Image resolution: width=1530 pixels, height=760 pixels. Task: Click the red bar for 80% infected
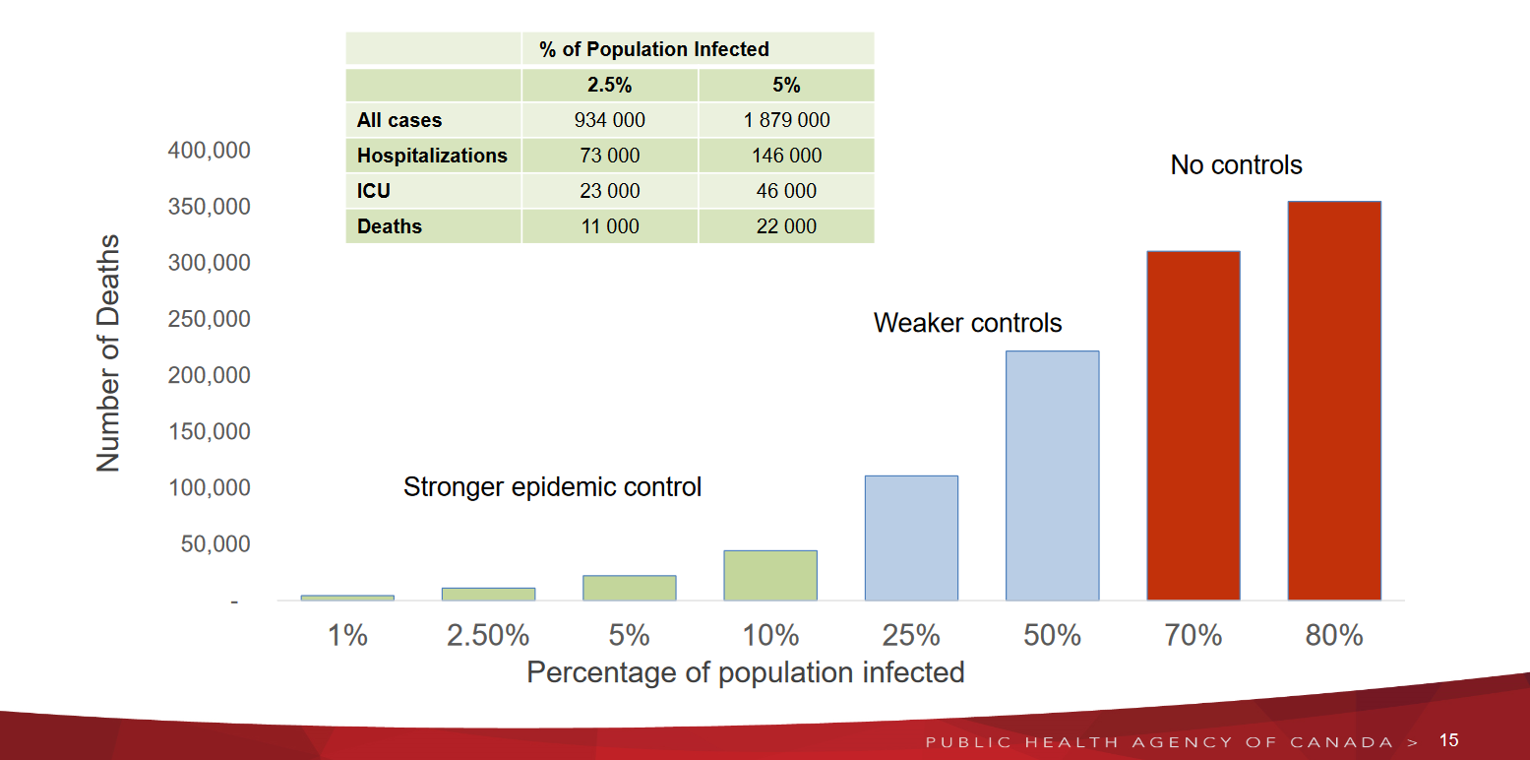click(x=1334, y=401)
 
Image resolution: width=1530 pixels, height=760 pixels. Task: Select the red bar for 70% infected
click(x=1193, y=425)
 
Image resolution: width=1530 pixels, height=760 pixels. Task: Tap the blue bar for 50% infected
click(x=1052, y=475)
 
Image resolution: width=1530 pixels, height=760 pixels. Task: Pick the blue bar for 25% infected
click(x=911, y=538)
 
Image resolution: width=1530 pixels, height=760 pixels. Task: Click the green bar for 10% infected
click(x=770, y=575)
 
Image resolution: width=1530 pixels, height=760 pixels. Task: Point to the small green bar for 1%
click(x=347, y=598)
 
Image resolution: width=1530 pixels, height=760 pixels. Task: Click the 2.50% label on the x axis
click(x=488, y=636)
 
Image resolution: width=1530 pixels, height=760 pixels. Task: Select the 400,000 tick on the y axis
click(x=209, y=151)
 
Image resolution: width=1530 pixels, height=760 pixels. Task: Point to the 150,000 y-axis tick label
click(x=209, y=432)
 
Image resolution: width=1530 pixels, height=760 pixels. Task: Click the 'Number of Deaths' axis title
click(x=108, y=352)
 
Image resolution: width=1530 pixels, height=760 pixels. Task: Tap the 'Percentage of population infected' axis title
click(x=745, y=672)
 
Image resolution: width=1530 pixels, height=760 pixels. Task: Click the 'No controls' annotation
click(x=1236, y=165)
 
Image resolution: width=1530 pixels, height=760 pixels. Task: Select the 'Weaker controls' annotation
click(x=967, y=323)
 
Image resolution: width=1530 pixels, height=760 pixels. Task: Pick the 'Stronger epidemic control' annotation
click(x=552, y=487)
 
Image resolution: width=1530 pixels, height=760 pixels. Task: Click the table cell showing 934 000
click(x=609, y=120)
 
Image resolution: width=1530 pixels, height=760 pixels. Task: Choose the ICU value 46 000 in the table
click(x=786, y=191)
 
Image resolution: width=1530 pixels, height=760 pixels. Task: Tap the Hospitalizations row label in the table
click(x=432, y=156)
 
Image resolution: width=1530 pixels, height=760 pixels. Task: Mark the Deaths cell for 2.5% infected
click(x=609, y=226)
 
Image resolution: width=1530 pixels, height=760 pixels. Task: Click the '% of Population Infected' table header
click(x=653, y=49)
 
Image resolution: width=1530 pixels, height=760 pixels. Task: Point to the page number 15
click(x=1448, y=740)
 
